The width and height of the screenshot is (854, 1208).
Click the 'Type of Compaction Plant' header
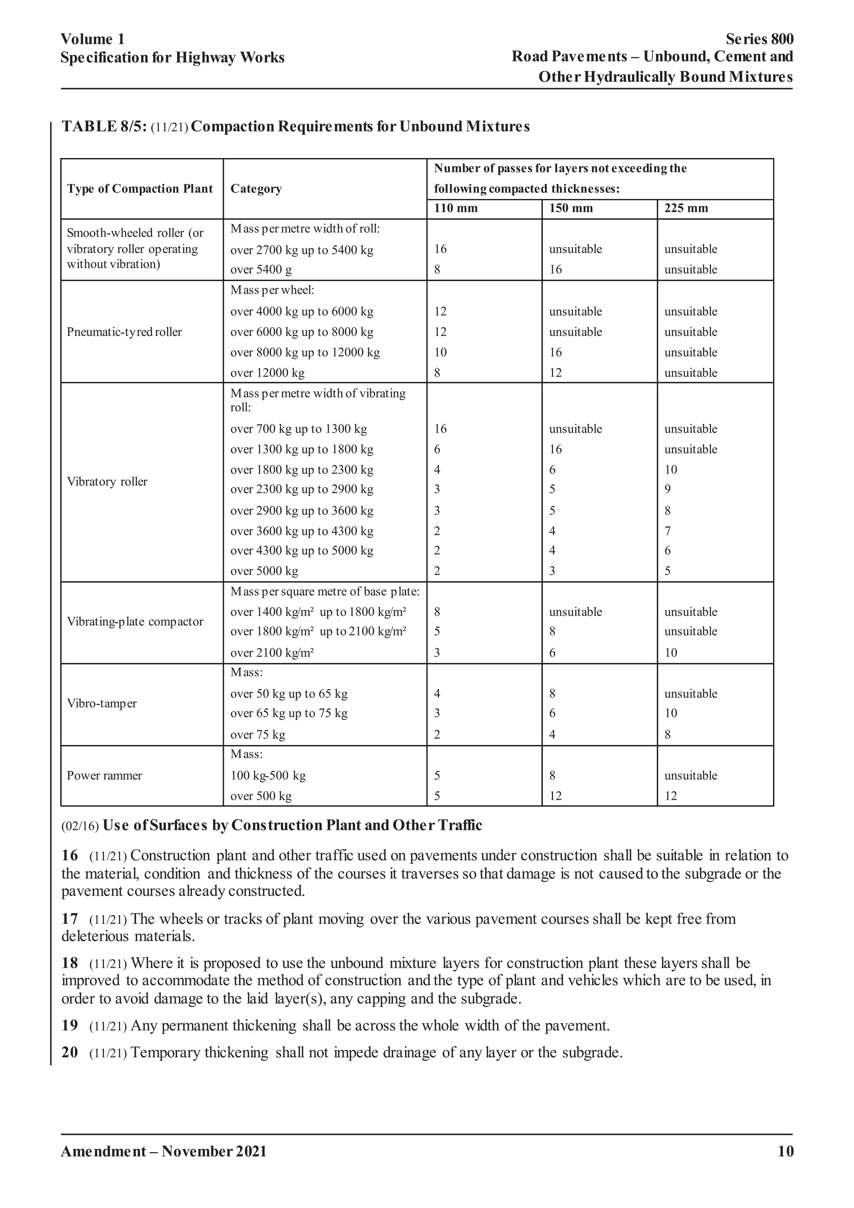pos(140,189)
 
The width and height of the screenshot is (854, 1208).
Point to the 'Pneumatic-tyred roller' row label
pos(124,332)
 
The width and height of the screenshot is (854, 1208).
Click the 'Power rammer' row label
pos(104,775)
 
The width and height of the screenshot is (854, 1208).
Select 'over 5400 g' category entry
pos(261,270)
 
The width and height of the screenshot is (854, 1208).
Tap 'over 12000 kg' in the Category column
pos(267,373)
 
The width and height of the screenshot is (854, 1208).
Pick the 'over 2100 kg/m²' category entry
pos(272,653)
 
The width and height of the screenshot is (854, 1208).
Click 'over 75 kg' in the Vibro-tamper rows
pos(258,735)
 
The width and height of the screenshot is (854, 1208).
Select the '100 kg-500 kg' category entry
pos(268,775)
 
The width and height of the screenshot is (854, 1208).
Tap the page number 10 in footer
pos(785,1152)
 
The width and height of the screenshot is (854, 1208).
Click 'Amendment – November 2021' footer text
pos(163,1152)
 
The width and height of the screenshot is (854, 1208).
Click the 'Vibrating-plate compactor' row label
pos(135,622)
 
